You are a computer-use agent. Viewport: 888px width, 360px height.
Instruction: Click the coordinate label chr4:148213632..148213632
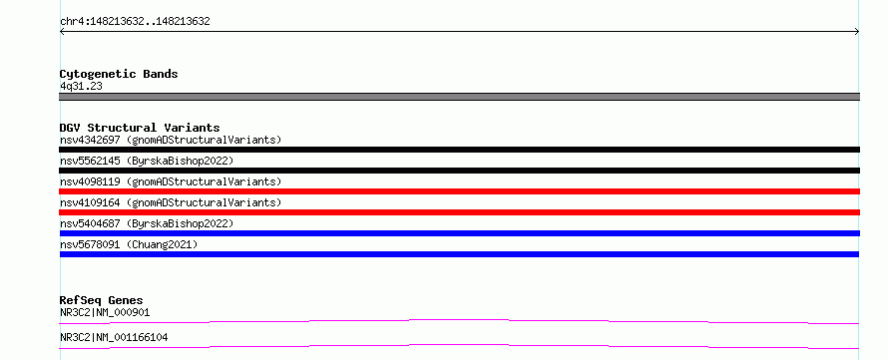(135, 22)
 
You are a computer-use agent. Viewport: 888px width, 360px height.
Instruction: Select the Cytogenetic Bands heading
(119, 74)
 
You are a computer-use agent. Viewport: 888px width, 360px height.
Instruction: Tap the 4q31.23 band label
(81, 87)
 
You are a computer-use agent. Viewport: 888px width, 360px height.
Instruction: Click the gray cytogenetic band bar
(459, 97)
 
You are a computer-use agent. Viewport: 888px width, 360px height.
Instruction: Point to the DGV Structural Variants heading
(140, 128)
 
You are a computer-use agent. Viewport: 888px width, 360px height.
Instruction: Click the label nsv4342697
(90, 140)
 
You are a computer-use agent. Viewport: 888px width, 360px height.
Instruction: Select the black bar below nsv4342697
(459, 150)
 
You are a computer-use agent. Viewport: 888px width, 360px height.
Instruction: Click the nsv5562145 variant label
(90, 161)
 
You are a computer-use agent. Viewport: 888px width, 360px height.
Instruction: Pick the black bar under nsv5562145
(459, 171)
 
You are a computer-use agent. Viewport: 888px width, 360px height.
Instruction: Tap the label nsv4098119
(90, 181)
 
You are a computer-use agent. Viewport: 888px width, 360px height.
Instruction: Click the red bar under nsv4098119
(459, 191)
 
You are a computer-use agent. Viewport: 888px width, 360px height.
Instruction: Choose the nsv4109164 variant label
(90, 202)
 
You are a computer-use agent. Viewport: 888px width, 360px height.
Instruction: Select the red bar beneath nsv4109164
(459, 212)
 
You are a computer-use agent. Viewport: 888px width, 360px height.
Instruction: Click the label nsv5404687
(90, 223)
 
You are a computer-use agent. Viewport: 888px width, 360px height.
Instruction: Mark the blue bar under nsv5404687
(459, 233)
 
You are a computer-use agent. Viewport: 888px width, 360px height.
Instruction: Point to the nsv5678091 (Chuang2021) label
(129, 244)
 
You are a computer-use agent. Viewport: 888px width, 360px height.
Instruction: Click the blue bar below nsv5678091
(459, 254)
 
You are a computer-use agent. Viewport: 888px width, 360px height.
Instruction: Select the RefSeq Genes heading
(102, 300)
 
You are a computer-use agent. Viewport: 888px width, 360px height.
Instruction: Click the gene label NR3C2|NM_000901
(105, 312)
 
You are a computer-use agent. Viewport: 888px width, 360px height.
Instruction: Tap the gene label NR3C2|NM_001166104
(114, 338)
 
